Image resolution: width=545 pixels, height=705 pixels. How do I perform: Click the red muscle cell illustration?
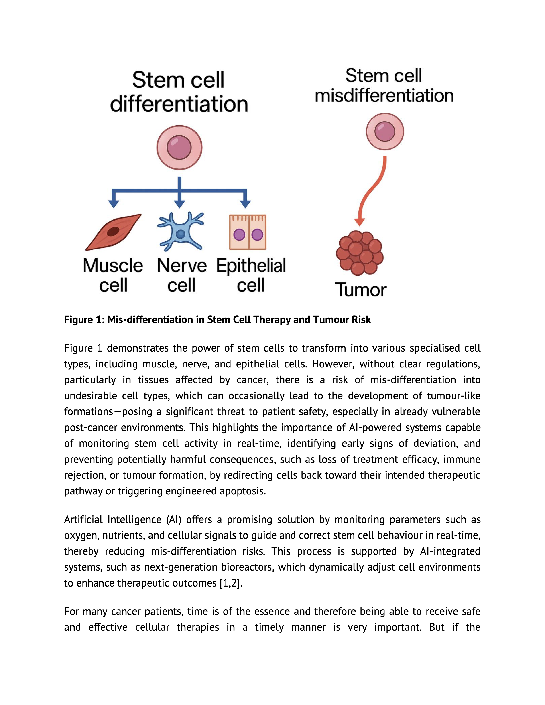tap(113, 232)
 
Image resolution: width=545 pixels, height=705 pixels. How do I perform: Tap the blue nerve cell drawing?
tap(180, 232)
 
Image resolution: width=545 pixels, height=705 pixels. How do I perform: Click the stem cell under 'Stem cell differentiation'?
tap(179, 148)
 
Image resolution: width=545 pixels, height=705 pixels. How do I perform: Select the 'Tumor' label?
tap(361, 290)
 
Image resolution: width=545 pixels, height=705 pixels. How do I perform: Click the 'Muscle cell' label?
tap(113, 275)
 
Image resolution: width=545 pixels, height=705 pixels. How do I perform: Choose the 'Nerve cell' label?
tap(181, 275)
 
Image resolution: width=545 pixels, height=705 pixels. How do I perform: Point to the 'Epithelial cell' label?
tap(251, 275)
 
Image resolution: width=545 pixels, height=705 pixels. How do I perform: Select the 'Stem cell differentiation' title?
tap(179, 92)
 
